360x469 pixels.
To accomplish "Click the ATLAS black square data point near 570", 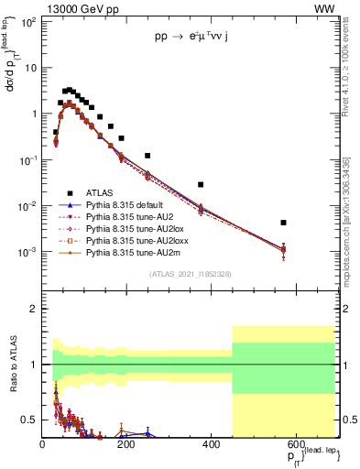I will (x=284, y=223).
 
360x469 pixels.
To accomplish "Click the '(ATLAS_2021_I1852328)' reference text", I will (x=191, y=274).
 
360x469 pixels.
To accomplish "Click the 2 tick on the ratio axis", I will (x=34, y=309).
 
